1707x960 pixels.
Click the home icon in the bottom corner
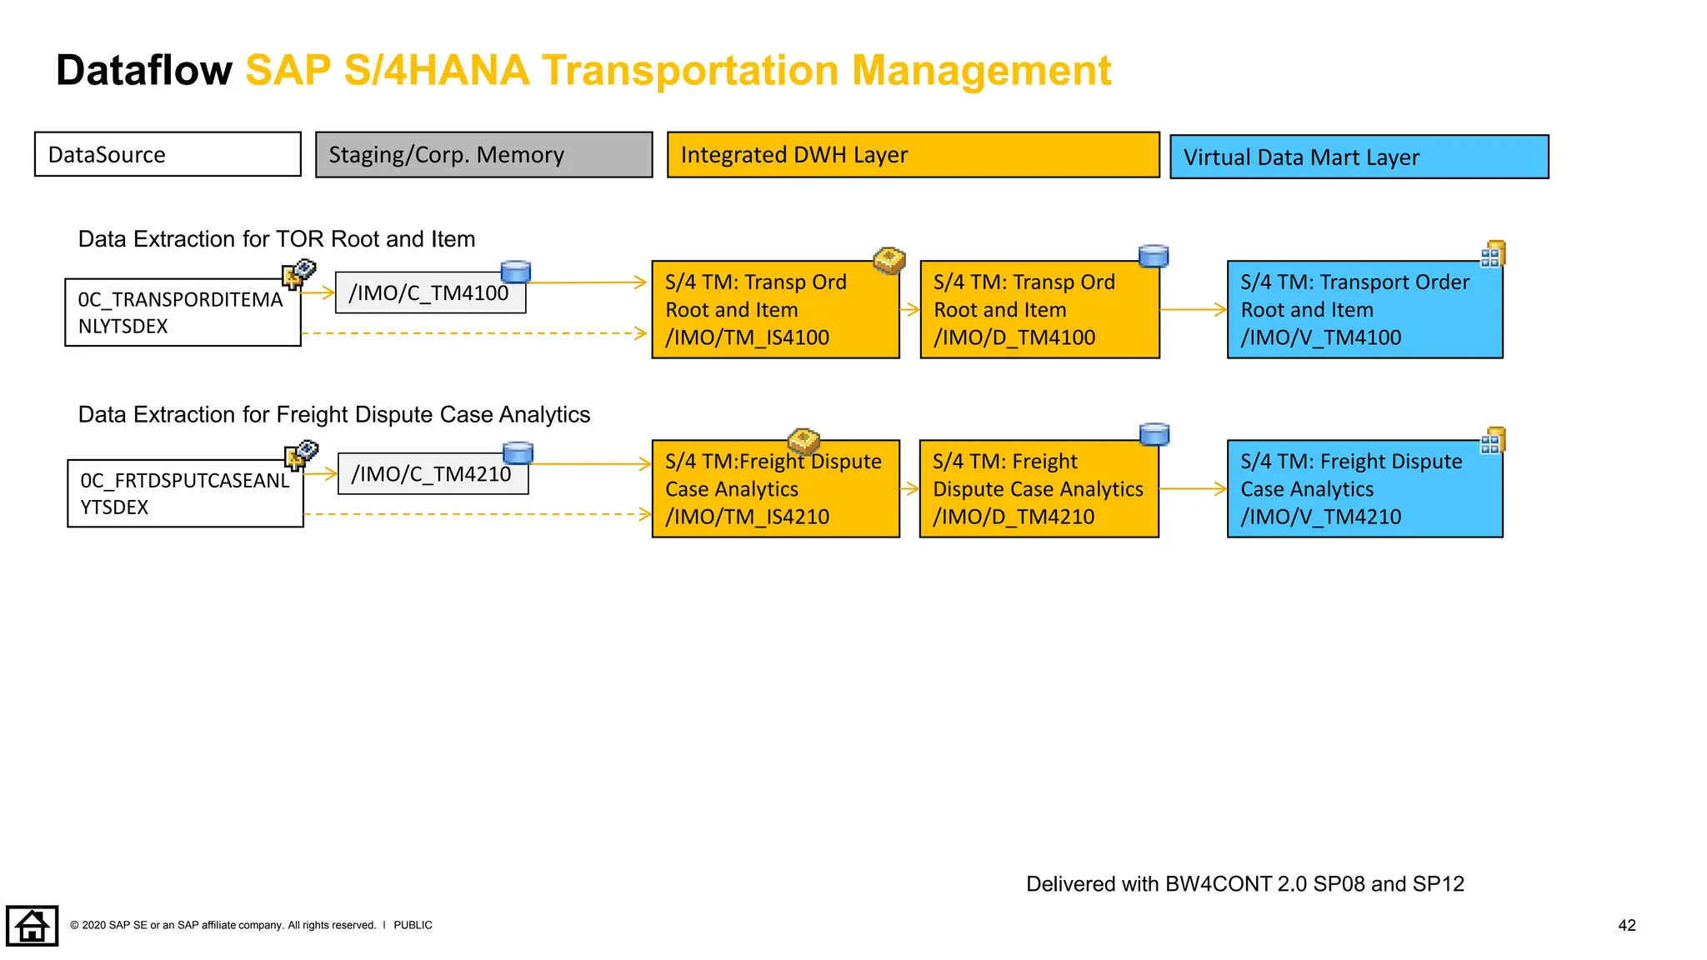click(32, 926)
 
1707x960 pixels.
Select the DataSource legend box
click(168, 154)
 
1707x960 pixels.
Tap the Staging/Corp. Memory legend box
click(483, 155)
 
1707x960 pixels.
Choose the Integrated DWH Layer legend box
click(913, 155)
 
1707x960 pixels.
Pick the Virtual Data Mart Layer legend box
click(1359, 157)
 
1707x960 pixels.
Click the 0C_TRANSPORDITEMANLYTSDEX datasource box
click(183, 312)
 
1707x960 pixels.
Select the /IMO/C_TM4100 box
click(429, 293)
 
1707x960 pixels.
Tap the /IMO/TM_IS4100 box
click(775, 310)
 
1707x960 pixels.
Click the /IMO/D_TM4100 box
click(1039, 310)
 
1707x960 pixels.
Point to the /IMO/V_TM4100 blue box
click(1364, 310)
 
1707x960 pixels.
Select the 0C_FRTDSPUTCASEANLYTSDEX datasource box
click(185, 493)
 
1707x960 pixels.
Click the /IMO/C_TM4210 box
click(432, 474)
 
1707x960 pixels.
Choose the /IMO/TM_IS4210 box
click(775, 489)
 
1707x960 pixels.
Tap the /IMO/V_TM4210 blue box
click(1364, 489)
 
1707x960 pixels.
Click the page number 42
click(1626, 925)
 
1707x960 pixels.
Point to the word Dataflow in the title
click(143, 70)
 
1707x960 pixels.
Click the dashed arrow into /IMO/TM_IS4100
click(475, 333)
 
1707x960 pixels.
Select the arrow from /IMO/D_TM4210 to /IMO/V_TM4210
click(1193, 489)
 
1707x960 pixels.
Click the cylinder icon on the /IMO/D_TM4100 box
click(1154, 256)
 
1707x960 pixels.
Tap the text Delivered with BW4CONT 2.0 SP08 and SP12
click(1244, 884)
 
